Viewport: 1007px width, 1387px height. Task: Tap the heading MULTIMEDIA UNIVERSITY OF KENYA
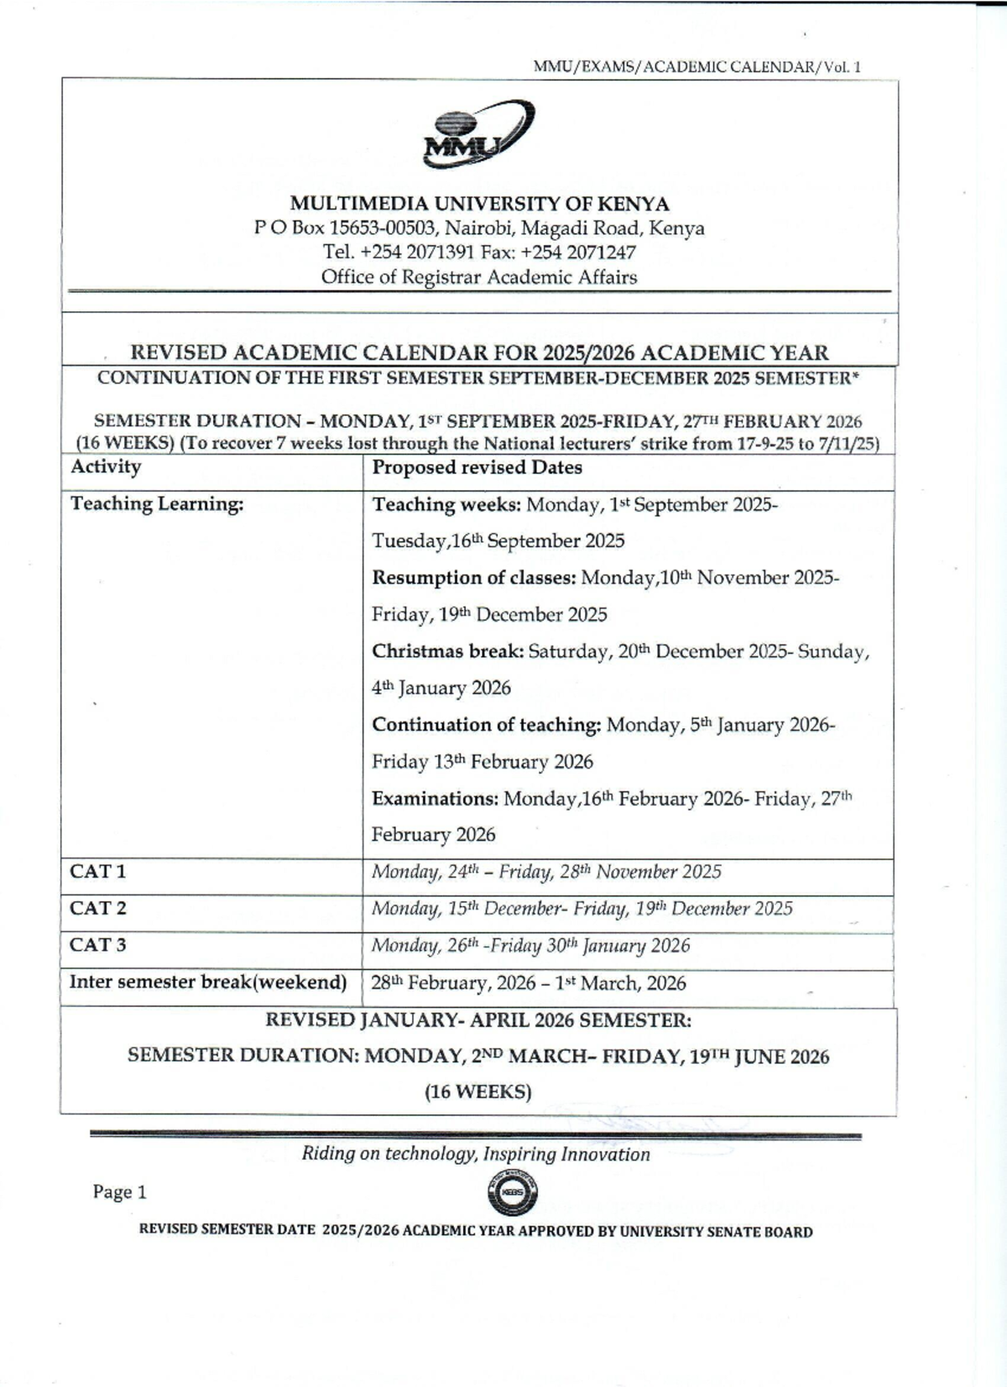[479, 204]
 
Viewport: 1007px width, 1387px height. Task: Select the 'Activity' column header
[106, 467]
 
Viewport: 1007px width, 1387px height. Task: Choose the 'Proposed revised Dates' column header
[477, 468]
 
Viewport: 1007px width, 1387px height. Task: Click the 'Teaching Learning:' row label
[157, 504]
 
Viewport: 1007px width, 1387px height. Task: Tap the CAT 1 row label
[98, 872]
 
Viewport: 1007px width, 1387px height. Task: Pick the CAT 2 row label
[98, 909]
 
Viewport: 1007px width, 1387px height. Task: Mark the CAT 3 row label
[98, 946]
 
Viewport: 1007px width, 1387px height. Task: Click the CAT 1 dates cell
[546, 873]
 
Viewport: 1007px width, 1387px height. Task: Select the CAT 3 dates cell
[530, 946]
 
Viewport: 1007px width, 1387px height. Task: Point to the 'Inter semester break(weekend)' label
[208, 983]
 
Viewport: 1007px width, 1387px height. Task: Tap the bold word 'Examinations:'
[435, 799]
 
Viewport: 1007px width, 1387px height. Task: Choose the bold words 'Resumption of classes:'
[474, 578]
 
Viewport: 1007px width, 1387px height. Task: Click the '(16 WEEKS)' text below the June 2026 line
[477, 1092]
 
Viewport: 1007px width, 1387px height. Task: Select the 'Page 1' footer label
[120, 1192]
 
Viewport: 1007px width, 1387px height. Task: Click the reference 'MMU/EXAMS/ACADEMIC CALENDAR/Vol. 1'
[697, 67]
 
